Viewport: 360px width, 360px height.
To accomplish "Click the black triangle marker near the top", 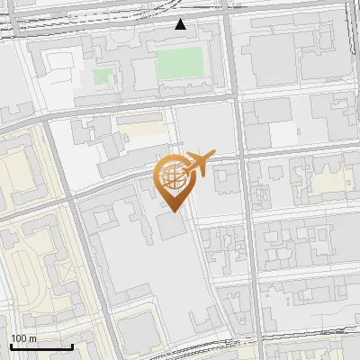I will [181, 24].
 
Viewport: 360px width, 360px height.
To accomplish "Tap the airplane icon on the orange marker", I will [201, 164].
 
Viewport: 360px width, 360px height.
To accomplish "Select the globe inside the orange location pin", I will [171, 174].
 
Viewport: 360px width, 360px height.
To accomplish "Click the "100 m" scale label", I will [23, 338].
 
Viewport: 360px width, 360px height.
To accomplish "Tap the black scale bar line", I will [40, 346].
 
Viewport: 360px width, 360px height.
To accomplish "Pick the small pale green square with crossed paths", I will [103, 76].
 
